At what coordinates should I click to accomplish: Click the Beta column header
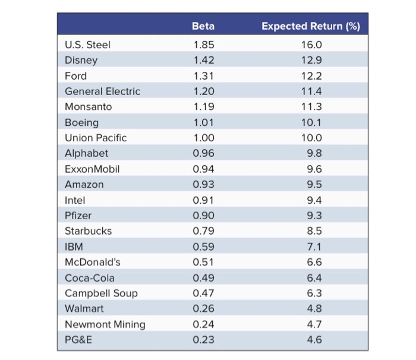203,26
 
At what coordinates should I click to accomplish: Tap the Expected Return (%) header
311,26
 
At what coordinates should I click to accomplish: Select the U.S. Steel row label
87,45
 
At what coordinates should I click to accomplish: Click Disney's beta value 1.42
203,60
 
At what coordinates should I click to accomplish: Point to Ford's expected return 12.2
311,75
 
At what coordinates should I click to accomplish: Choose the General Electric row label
102,91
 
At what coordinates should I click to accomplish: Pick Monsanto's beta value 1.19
203,107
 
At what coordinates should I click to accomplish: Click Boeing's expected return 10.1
311,122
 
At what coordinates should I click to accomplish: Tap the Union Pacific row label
95,138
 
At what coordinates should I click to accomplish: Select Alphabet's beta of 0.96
203,153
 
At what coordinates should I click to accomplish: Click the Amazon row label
84,184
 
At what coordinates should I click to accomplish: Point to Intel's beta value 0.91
203,200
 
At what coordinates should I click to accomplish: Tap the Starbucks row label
88,231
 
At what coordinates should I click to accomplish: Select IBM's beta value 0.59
203,247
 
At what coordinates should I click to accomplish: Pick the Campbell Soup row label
101,293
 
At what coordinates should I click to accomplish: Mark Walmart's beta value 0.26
203,309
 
